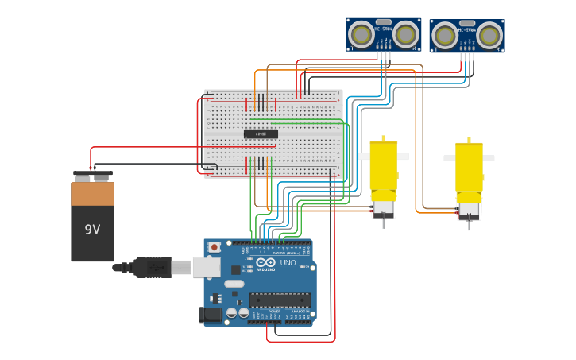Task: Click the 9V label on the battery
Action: coord(92,230)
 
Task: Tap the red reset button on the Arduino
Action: coord(214,247)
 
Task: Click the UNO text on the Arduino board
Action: coord(288,263)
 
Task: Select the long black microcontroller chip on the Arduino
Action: coord(280,300)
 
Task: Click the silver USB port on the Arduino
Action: coord(206,267)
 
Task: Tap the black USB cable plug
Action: coord(153,267)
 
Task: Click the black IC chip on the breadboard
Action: coord(261,134)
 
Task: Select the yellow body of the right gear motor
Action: coord(469,167)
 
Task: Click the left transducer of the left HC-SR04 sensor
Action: coord(361,34)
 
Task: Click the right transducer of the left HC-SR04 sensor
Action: coord(405,34)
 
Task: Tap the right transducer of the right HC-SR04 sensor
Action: coord(489,36)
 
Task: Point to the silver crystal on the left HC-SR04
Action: coord(383,22)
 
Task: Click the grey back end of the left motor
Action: coord(383,208)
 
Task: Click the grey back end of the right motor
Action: coord(469,210)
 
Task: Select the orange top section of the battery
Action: coord(92,194)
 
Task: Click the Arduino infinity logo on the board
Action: coord(265,262)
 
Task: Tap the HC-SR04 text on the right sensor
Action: coord(466,31)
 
